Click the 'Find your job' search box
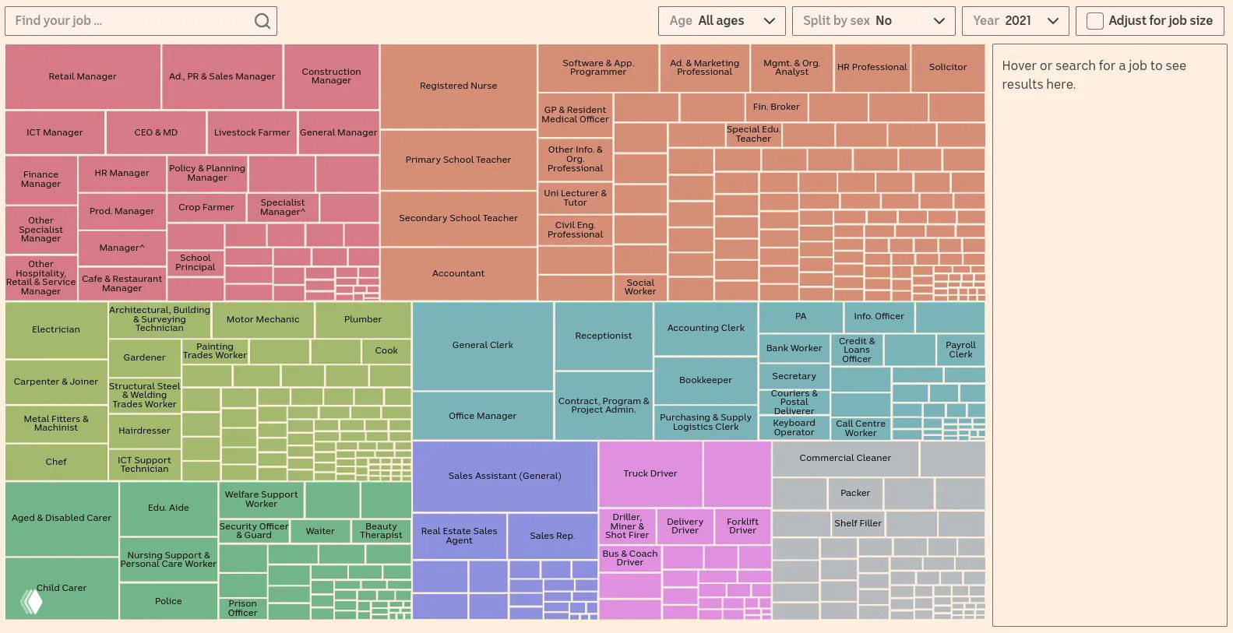[132, 21]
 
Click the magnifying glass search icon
[262, 21]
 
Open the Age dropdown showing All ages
[721, 21]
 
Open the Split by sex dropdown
[873, 21]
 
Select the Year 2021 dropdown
[1015, 21]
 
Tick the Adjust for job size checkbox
[1094, 21]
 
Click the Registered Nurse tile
[458, 86]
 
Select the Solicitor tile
[947, 67]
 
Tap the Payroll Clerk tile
[960, 350]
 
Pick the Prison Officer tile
[242, 608]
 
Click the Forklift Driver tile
[742, 526]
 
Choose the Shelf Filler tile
[857, 523]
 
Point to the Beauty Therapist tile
[381, 530]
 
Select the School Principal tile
[195, 262]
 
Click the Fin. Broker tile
[776, 107]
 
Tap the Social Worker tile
[639, 287]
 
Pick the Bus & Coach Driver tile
[629, 557]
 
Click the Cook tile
[386, 350]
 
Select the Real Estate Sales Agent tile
[459, 536]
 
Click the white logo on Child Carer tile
[31, 601]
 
